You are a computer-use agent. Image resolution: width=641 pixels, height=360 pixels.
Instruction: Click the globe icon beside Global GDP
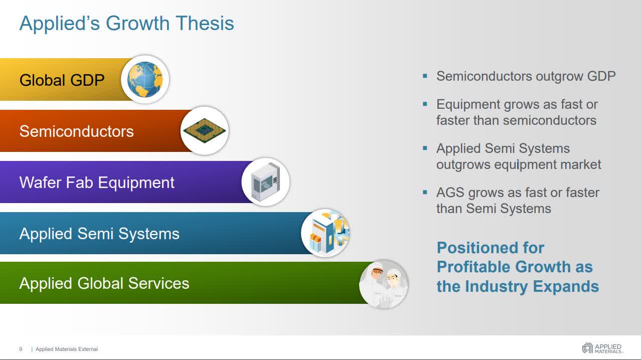145,80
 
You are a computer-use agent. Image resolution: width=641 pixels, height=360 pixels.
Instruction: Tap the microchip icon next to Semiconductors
204,130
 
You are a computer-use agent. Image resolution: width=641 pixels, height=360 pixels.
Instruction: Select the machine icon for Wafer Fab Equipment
265,182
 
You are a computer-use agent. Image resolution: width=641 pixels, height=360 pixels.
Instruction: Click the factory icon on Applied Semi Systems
325,233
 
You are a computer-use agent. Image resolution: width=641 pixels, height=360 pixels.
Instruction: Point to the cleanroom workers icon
384,284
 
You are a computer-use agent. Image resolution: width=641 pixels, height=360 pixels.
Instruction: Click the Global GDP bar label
62,80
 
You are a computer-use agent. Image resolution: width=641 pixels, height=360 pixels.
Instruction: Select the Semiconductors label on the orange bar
76,131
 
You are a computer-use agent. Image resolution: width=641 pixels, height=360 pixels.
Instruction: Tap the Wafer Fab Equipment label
97,183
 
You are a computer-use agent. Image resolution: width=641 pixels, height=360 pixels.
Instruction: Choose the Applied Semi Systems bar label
99,234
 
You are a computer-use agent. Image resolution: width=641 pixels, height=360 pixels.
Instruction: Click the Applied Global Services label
104,283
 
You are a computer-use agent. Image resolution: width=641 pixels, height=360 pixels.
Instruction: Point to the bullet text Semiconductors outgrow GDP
526,76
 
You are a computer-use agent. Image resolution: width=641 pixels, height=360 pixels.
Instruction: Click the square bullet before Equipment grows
425,104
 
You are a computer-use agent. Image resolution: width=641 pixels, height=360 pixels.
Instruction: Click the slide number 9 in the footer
21,349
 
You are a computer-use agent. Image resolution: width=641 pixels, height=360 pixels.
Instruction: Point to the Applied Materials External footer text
66,349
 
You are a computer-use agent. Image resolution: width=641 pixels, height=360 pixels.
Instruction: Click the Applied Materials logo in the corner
601,348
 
